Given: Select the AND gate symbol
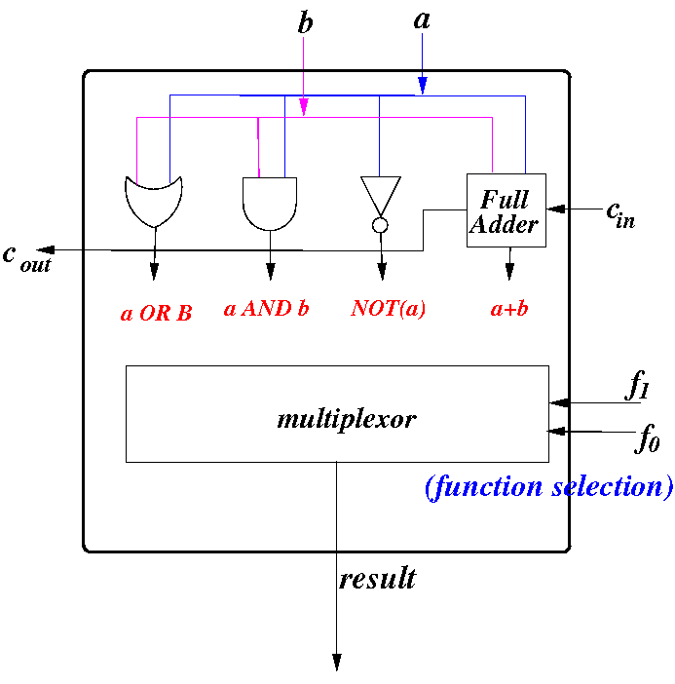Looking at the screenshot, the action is point(270,204).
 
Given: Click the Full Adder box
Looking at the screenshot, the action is point(506,210).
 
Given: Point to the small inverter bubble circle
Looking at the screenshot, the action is point(380,225).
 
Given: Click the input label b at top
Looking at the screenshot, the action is point(305,21).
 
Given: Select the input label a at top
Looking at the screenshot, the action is point(422,20).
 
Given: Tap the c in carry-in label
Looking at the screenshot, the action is point(620,214).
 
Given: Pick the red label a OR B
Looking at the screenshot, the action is point(156,313).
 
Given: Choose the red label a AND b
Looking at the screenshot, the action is point(267,309).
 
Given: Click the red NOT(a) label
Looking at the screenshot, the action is point(388,309).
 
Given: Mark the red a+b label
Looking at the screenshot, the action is point(509,309).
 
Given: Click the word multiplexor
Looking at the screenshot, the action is point(347,420).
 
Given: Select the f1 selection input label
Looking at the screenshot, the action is point(637,385).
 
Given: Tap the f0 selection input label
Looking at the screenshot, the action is point(647,437).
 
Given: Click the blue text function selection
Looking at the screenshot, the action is point(549,487).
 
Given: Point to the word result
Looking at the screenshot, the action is point(378,579).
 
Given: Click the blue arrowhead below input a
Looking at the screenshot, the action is point(422,85).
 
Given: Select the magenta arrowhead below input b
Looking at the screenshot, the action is point(304,107).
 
